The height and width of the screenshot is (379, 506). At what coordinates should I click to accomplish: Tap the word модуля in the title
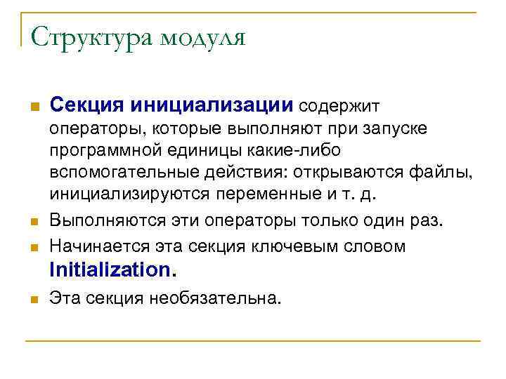tap(203, 36)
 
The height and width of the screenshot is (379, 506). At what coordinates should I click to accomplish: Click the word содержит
tap(339, 106)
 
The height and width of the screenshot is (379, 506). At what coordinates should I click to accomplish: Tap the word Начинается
tap(93, 246)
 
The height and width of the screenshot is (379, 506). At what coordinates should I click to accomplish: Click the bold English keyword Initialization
tap(111, 269)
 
